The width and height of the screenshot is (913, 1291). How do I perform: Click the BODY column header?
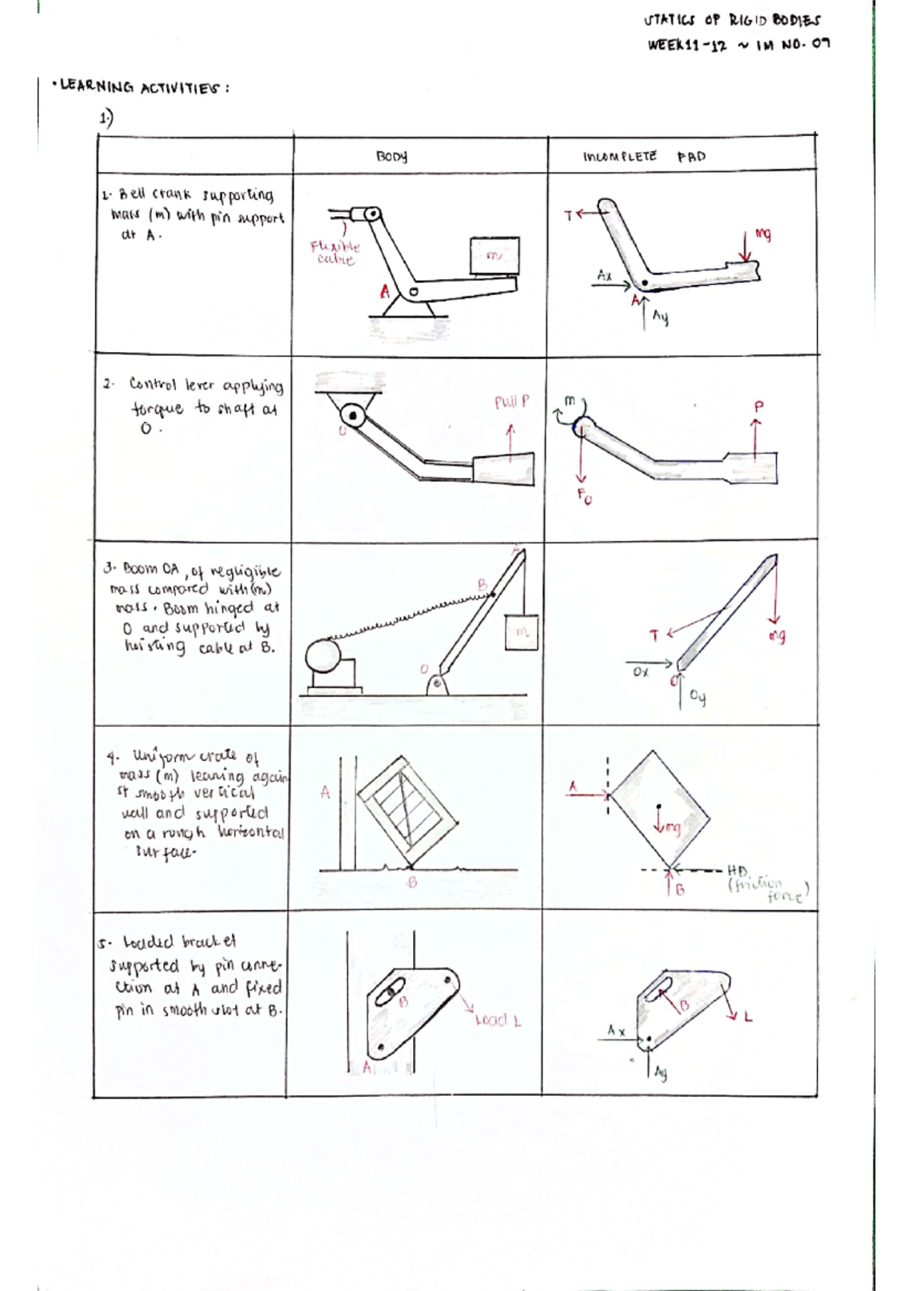392,157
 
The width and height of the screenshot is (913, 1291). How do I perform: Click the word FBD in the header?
691,157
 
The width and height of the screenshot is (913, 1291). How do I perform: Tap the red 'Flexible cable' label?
335,252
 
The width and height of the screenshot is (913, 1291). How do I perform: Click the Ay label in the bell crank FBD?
660,317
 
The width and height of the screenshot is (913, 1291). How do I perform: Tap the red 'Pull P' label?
511,402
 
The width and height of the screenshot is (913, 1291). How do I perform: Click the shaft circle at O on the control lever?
353,415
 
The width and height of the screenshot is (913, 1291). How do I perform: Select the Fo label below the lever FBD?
584,497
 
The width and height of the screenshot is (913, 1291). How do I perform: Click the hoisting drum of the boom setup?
326,657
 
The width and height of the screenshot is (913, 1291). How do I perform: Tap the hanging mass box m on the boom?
521,632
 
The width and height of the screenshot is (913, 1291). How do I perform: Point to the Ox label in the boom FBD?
641,672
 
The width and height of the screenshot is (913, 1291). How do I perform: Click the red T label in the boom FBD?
654,636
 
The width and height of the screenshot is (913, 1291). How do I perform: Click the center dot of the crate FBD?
659,806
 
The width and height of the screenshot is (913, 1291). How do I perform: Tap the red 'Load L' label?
498,1020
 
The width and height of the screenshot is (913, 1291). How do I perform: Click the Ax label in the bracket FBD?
616,1031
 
